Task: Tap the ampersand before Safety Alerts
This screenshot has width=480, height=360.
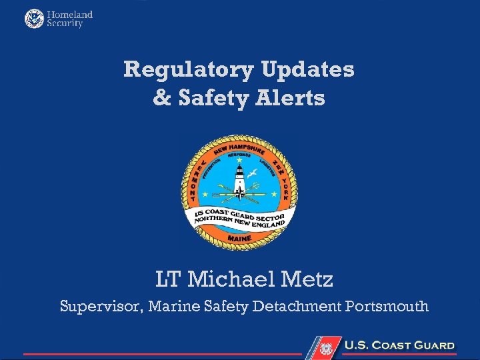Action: click(x=162, y=99)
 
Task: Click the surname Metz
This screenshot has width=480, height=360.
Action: click(x=304, y=279)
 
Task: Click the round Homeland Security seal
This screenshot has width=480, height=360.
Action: click(x=33, y=19)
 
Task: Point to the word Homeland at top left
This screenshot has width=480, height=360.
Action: click(x=69, y=14)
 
